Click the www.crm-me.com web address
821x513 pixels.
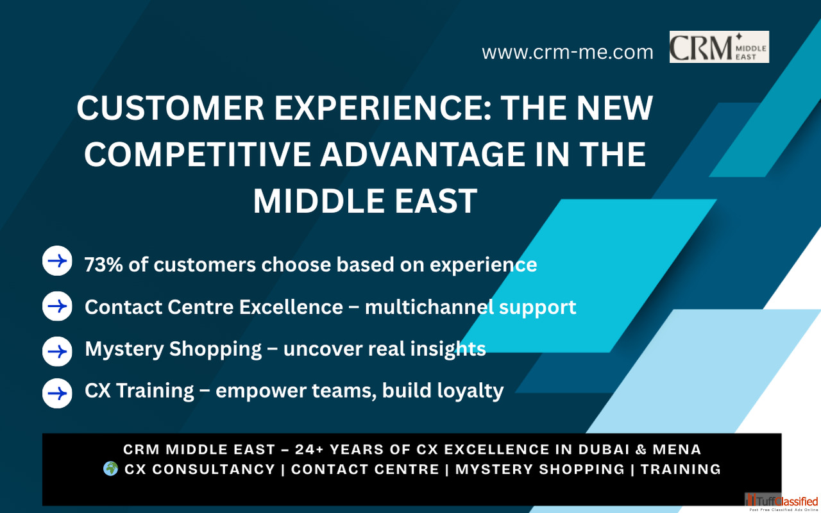(568, 53)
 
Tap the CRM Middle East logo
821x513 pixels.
(719, 47)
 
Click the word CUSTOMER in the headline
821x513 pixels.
(171, 108)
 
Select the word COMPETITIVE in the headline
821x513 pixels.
(198, 155)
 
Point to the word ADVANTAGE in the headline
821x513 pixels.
(422, 155)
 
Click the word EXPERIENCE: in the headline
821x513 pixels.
(383, 108)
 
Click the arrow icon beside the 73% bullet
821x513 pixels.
(57, 261)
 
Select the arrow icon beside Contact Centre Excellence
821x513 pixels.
(57, 307)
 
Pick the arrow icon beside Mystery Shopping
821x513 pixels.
(57, 352)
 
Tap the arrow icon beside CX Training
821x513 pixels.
(57, 394)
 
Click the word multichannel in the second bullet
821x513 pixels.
(429, 307)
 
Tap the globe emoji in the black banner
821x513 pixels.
(111, 469)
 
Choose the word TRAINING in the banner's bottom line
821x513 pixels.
(681, 469)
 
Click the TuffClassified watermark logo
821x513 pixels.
(782, 502)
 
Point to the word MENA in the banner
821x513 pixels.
(677, 450)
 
